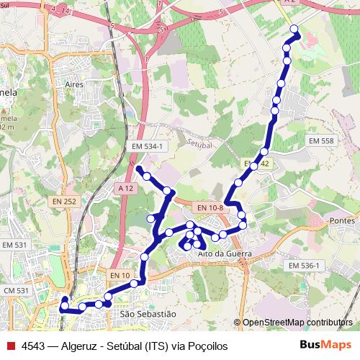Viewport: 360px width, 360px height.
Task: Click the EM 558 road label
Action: point(322,141)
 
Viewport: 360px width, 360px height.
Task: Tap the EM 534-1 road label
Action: point(148,146)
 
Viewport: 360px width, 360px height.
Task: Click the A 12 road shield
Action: point(125,188)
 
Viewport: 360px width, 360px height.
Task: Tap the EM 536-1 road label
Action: point(303,266)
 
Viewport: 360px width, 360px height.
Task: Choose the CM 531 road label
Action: point(15,291)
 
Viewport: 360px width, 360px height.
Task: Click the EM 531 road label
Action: point(14,246)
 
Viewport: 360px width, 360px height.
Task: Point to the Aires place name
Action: point(75,84)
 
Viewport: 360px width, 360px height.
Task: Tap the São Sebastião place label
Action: point(148,314)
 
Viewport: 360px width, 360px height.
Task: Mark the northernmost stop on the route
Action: point(294,29)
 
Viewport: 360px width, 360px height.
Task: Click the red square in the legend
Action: point(10,346)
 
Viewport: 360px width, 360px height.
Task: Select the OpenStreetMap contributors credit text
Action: point(298,323)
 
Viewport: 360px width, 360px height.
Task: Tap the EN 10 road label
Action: point(120,275)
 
